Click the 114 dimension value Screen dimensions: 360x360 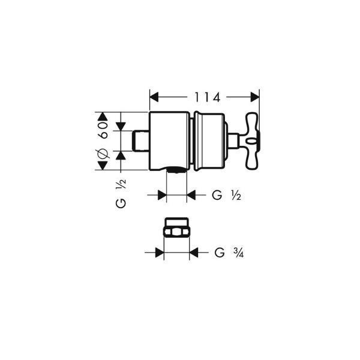click(x=208, y=97)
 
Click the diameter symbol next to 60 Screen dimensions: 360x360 click(x=103, y=153)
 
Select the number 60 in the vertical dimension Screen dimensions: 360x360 click(x=103, y=130)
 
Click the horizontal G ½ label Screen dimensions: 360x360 click(x=226, y=196)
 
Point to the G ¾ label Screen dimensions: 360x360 click(x=229, y=253)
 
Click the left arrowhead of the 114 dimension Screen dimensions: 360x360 click(x=154, y=97)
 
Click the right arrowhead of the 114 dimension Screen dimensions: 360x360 click(x=255, y=97)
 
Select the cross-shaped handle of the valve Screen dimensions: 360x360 click(x=253, y=141)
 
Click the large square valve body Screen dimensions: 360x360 click(x=169, y=141)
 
